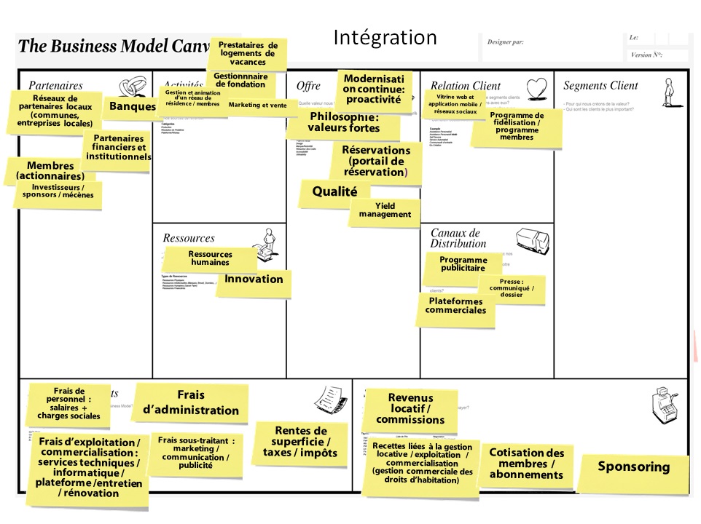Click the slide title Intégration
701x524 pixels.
[x=385, y=37]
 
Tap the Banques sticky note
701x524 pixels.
[x=132, y=107]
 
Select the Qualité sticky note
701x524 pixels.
[x=334, y=192]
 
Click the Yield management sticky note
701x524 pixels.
[x=385, y=210]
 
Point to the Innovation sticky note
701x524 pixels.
[x=254, y=279]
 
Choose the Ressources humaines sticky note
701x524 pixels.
[x=210, y=258]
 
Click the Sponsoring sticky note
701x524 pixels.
[x=633, y=467]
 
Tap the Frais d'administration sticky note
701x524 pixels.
[x=190, y=402]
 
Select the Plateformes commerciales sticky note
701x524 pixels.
[x=456, y=306]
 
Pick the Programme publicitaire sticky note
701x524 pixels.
[x=463, y=264]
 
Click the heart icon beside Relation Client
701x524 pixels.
[x=536, y=87]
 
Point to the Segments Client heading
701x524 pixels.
[x=600, y=86]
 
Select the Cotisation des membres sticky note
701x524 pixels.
[x=526, y=464]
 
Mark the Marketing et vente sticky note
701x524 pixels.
[x=258, y=106]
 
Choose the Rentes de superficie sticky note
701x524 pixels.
[x=299, y=442]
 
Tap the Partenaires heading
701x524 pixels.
[x=56, y=86]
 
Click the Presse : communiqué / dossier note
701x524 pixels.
[x=512, y=288]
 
